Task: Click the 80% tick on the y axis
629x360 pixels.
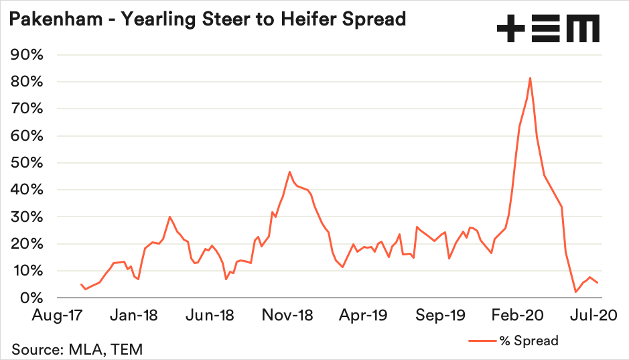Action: coord(27,82)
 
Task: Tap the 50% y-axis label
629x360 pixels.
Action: coord(27,163)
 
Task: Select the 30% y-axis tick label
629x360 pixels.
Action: coord(27,217)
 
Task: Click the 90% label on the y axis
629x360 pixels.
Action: coord(27,55)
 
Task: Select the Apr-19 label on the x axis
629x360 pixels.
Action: coord(364,315)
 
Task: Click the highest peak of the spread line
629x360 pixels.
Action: coord(530,78)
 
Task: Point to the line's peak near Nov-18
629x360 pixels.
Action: coord(289,172)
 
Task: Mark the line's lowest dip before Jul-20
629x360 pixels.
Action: coord(575,292)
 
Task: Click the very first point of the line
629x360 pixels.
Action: coord(81,284)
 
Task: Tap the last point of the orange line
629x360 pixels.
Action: coord(598,282)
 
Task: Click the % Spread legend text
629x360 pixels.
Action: coord(529,341)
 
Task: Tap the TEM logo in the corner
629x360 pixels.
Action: coord(548,29)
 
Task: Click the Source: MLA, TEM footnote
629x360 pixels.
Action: coord(76,349)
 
